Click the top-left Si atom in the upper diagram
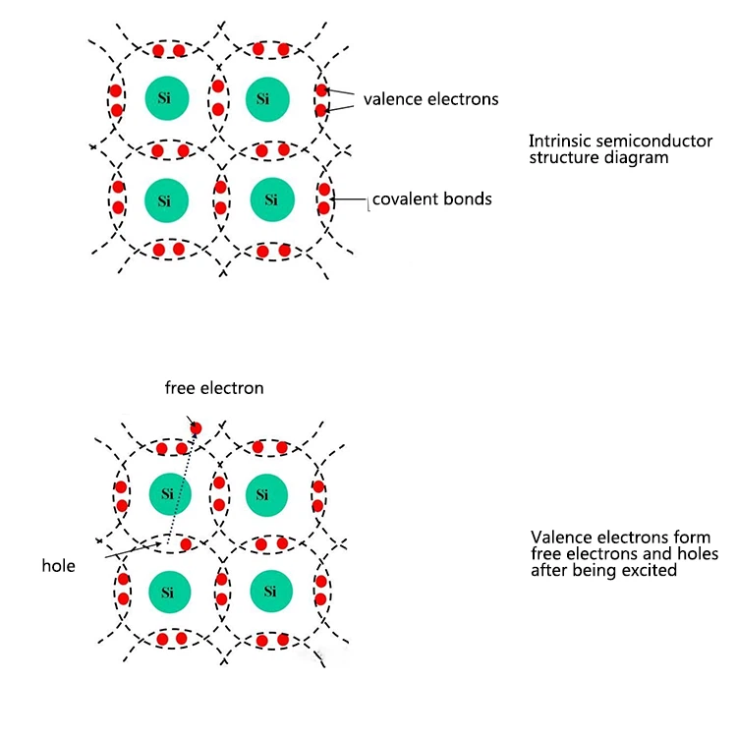pyautogui.click(x=164, y=97)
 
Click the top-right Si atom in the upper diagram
pyautogui.click(x=263, y=97)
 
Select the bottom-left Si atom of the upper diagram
pyautogui.click(x=164, y=200)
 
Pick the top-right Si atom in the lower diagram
pyautogui.click(x=262, y=493)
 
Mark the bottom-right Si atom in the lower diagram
pyautogui.click(x=263, y=592)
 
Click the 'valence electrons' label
pyautogui.click(x=430, y=98)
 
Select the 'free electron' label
pyautogui.click(x=214, y=388)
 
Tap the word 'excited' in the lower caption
pyautogui.click(x=650, y=569)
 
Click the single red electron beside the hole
pyautogui.click(x=185, y=544)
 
